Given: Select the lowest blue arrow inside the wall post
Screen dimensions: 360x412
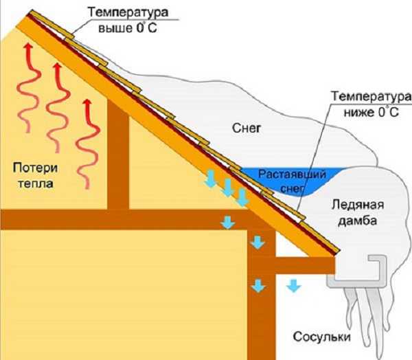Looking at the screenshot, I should tap(257, 283).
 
